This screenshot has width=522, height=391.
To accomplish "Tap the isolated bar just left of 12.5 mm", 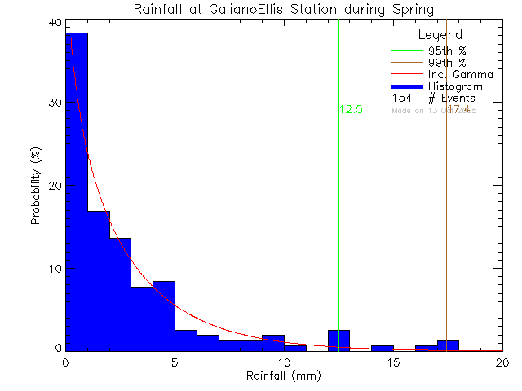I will pyautogui.click(x=338, y=340).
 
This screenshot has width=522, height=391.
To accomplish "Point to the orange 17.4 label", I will pyautogui.click(x=458, y=109).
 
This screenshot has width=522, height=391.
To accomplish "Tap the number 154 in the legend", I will pyautogui.click(x=401, y=98).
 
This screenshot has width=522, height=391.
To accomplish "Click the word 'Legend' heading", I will pyautogui.click(x=440, y=35).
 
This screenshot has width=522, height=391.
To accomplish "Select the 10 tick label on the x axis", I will pyautogui.click(x=284, y=363).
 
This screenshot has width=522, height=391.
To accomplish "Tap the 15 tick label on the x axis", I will pyautogui.click(x=393, y=363).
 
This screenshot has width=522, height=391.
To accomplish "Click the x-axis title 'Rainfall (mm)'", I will pyautogui.click(x=284, y=376).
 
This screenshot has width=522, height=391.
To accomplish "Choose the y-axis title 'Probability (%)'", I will pyautogui.click(x=37, y=187).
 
